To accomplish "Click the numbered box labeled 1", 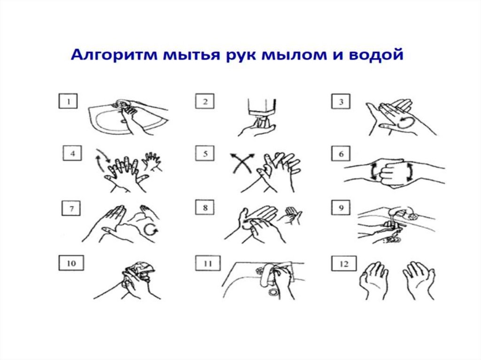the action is pyautogui.click(x=68, y=101).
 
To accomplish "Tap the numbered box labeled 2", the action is pyautogui.click(x=205, y=101).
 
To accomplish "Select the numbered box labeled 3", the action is pyautogui.click(x=341, y=101).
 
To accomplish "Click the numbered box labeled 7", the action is pyautogui.click(x=71, y=208).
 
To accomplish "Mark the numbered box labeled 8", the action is pyautogui.click(x=205, y=207).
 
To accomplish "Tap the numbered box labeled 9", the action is pyautogui.click(x=341, y=207).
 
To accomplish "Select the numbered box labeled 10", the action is pyautogui.click(x=71, y=263).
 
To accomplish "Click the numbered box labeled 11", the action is pyautogui.click(x=208, y=263).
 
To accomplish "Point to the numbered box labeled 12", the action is pyautogui.click(x=344, y=263).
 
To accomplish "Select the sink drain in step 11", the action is pyautogui.click(x=273, y=291).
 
